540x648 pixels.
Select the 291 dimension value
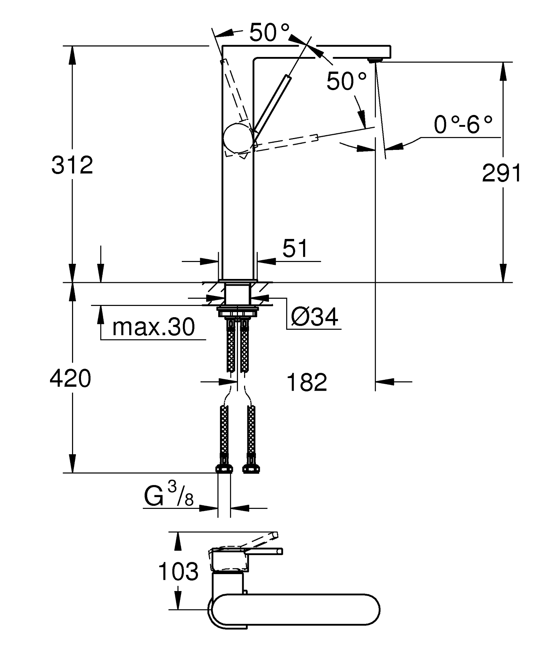[501, 173]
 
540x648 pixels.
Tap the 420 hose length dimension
[70, 379]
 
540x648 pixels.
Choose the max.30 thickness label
[153, 327]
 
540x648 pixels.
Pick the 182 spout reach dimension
[307, 382]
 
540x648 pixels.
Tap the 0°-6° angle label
[463, 125]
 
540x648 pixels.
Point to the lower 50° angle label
[346, 81]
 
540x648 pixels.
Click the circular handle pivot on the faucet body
[238, 138]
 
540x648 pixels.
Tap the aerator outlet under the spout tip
[375, 59]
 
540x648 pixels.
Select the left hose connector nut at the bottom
[224, 469]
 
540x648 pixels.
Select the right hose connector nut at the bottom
[251, 469]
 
